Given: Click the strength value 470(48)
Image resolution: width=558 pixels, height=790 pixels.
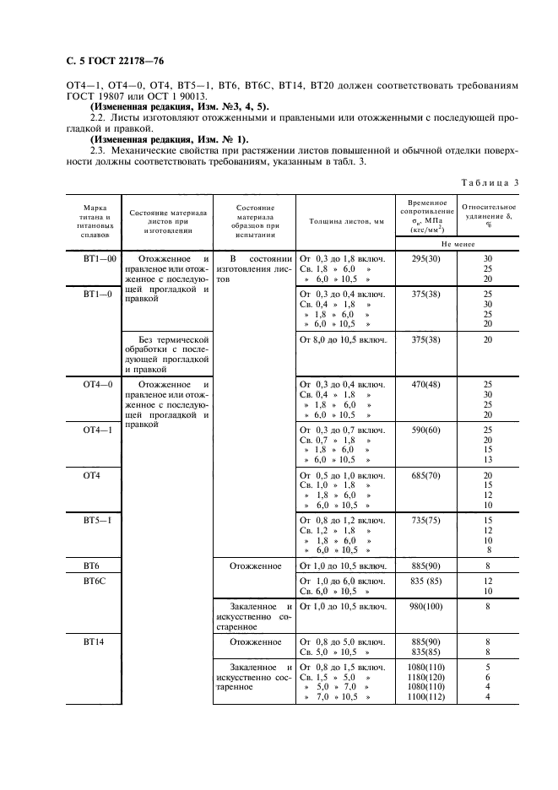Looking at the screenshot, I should tap(422, 384).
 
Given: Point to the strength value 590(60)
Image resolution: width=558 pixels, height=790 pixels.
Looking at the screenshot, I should tap(422, 430).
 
